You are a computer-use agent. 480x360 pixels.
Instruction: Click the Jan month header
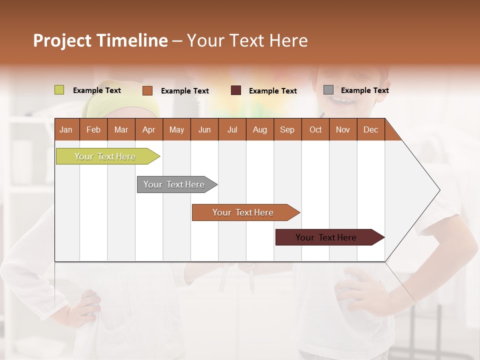[x=66, y=129]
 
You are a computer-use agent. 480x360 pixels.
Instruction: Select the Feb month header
[x=93, y=129]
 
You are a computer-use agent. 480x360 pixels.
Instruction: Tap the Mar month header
[x=121, y=129]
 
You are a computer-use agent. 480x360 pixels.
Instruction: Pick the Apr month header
[x=149, y=129]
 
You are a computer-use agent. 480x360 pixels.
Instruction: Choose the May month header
[x=176, y=129]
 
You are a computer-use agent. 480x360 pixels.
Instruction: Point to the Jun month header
[x=204, y=129]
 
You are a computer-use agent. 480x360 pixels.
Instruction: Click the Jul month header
[x=232, y=129]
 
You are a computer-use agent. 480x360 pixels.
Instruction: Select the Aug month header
[x=260, y=129]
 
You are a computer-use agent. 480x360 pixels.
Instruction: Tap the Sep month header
[x=287, y=129]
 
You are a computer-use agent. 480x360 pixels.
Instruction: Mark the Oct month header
[x=315, y=129]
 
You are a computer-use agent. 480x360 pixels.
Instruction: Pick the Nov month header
[x=343, y=129]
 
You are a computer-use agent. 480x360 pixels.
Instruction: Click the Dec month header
[x=371, y=129]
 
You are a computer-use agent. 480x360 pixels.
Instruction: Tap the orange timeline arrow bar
[x=243, y=212]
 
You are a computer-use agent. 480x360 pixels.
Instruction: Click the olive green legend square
[x=59, y=90]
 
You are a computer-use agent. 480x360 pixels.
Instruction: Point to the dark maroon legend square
[x=236, y=90]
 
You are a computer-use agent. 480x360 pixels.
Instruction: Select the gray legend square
[x=328, y=90]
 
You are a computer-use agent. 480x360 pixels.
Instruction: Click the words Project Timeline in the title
[x=100, y=40]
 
